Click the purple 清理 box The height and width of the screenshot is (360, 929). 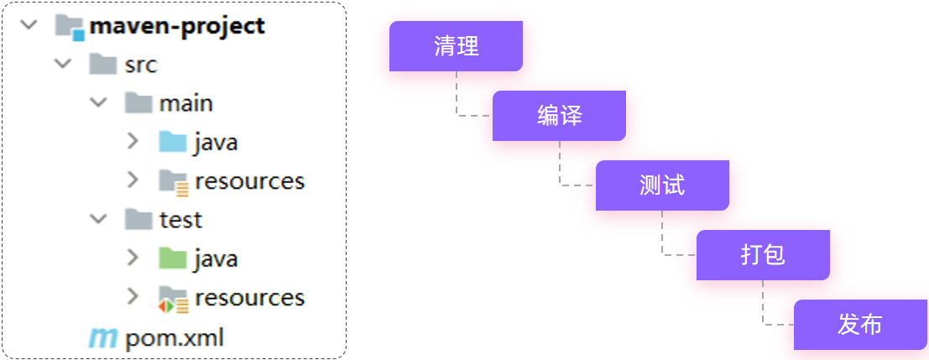(456, 46)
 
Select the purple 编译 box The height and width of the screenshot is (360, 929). (559, 116)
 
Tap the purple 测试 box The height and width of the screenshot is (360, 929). (662, 185)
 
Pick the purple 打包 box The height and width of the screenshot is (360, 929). (763, 255)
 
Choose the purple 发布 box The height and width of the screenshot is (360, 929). (860, 325)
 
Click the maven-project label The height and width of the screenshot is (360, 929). (177, 25)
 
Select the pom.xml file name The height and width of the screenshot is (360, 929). (175, 339)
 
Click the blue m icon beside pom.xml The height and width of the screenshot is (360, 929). (103, 338)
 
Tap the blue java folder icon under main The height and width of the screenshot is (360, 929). (172, 141)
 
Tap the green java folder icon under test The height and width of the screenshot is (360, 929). (172, 258)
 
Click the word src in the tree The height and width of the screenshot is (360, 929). (141, 65)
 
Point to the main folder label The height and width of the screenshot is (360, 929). (186, 103)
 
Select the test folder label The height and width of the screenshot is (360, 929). (181, 219)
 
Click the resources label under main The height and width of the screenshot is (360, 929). (249, 180)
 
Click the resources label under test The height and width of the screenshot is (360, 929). (249, 297)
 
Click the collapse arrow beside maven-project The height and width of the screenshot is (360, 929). (29, 25)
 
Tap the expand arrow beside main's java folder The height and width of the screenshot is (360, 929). (132, 141)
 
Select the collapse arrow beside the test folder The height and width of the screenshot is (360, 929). (99, 219)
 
